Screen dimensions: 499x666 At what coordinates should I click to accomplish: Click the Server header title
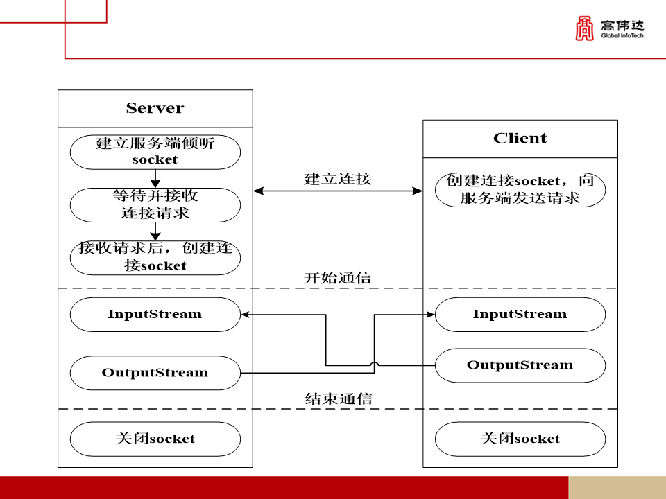155,108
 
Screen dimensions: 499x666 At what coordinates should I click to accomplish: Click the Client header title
520,139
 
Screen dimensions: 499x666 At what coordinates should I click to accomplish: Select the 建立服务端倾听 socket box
155,152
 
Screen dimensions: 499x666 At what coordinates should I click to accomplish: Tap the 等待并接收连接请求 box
155,204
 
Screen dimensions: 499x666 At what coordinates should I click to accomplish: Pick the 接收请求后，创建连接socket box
155,257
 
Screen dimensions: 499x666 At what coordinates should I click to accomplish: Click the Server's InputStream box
155,314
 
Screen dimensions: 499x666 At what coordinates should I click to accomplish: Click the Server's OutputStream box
155,373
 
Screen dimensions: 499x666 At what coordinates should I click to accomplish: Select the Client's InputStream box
520,314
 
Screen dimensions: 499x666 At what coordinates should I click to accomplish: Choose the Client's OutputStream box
520,365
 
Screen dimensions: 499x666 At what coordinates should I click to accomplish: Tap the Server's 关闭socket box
155,439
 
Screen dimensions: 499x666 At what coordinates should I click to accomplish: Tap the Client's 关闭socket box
520,439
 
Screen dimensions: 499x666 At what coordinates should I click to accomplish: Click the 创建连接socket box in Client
520,189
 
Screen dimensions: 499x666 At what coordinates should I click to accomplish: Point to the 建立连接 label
338,178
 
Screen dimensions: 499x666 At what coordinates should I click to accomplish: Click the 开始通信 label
338,278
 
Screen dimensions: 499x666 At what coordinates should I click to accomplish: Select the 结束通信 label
338,399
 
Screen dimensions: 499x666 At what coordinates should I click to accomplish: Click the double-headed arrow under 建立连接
338,190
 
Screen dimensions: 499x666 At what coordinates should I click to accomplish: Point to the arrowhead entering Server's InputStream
246,314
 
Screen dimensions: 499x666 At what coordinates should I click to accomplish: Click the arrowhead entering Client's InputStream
430,314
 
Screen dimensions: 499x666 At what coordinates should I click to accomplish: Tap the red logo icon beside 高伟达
585,28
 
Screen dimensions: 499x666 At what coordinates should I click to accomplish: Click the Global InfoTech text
622,35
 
